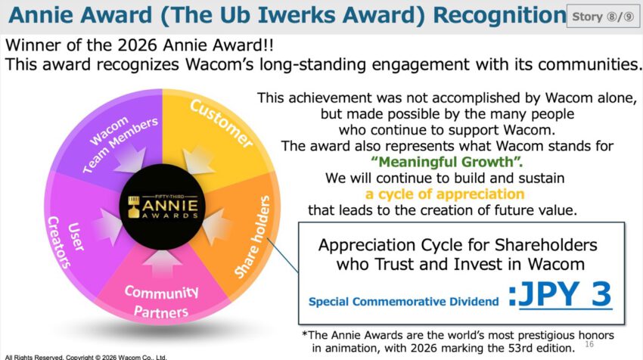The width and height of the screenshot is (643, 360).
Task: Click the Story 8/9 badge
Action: (x=603, y=17)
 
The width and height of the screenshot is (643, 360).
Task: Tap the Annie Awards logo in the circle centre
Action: (x=163, y=206)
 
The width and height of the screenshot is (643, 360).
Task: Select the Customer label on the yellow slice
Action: (x=222, y=123)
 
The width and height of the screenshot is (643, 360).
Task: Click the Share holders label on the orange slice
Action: (x=252, y=237)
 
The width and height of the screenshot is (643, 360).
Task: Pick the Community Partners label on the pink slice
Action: (x=161, y=302)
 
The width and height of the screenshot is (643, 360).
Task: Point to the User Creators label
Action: (x=66, y=242)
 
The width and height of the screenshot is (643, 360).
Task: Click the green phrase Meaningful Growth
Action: (x=447, y=162)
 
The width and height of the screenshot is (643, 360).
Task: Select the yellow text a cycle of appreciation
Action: (x=445, y=194)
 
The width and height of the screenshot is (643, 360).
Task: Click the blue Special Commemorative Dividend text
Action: (x=403, y=302)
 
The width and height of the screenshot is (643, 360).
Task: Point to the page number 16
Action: (x=589, y=344)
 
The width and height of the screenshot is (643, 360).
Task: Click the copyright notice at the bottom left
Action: (x=85, y=357)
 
